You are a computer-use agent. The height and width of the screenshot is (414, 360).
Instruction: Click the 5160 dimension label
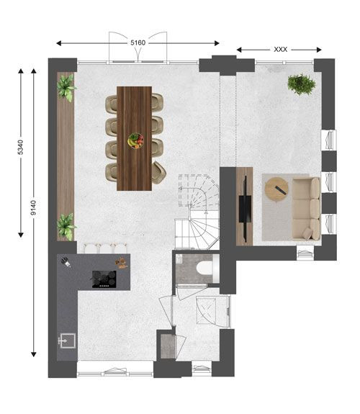[x=138, y=42]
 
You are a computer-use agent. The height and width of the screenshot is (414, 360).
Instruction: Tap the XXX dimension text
[x=280, y=50]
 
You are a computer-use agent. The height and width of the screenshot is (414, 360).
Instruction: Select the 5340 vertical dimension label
[x=21, y=148]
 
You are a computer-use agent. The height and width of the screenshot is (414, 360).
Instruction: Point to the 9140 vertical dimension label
[x=33, y=207]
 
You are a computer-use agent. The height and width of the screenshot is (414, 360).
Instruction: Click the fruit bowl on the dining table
[x=136, y=140]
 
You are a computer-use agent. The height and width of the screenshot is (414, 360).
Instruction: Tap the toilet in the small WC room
[x=207, y=269]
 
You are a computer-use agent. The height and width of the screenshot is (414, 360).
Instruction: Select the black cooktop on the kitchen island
[x=104, y=279]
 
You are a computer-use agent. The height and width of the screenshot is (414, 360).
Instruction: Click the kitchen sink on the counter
[x=67, y=341]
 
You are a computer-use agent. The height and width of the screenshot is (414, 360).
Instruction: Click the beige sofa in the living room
[x=306, y=209]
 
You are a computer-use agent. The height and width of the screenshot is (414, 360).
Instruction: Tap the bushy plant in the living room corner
[x=302, y=84]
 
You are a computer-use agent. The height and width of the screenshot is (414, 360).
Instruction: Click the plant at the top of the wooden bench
[x=66, y=87]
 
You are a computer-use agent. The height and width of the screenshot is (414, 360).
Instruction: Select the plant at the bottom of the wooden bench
[x=66, y=227]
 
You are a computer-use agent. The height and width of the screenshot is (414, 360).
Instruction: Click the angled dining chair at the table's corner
[x=158, y=173]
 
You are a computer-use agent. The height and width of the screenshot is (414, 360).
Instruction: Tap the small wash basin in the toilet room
[x=179, y=258]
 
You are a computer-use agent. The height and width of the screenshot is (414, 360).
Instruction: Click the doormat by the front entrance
[x=168, y=346]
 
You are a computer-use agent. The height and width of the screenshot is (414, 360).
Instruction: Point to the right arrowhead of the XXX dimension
[x=319, y=50]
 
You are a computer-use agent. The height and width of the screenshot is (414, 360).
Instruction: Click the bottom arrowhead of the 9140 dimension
[x=34, y=354]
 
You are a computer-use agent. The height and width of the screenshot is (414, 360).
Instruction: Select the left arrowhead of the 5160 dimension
[x=59, y=43]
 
